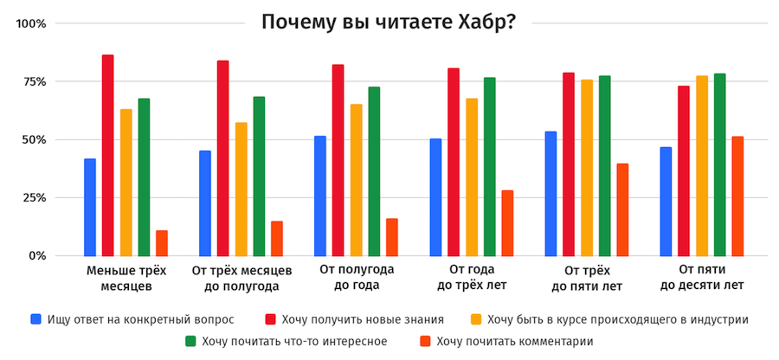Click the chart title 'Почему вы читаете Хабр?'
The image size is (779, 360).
click(389, 22)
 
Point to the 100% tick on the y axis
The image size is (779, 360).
click(32, 23)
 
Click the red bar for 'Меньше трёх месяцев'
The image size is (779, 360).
click(108, 156)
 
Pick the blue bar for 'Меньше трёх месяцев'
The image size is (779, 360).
click(90, 208)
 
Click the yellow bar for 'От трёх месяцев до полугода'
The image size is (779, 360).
click(241, 190)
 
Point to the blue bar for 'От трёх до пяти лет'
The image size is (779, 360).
click(550, 194)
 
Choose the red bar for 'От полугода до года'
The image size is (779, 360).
click(338, 160)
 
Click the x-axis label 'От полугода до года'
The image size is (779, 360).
click(357, 278)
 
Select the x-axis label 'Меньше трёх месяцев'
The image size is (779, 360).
click(126, 278)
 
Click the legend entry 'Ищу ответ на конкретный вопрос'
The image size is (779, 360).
click(131, 319)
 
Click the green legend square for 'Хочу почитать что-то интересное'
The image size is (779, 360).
click(191, 342)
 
